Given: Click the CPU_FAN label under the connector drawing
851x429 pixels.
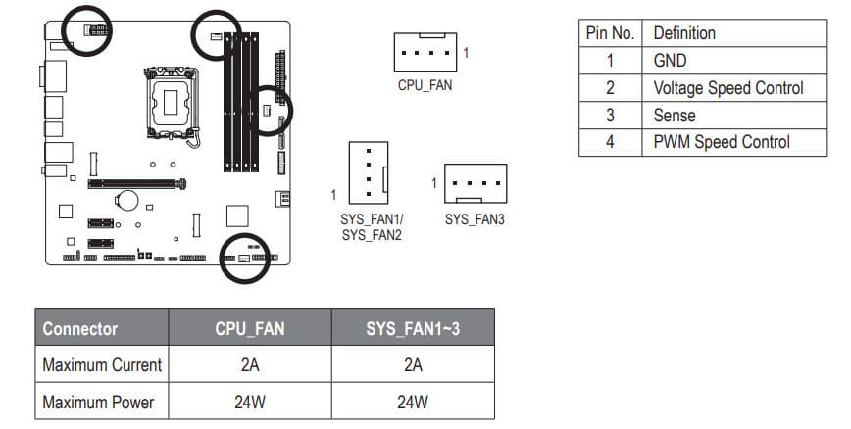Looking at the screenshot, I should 425,85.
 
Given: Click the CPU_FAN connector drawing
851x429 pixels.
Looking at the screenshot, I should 425,52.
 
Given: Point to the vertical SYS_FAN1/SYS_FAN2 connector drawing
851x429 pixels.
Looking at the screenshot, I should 369,172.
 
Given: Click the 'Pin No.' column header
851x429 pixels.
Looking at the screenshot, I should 610,33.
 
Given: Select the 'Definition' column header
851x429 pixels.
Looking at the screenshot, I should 684,33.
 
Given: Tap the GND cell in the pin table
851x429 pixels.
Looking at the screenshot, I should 670,61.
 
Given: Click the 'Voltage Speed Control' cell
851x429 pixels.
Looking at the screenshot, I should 727,88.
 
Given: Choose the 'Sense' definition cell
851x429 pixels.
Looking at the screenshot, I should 675,116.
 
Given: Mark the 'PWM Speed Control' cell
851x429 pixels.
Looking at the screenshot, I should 721,142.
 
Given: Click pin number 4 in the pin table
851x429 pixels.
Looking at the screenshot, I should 609,142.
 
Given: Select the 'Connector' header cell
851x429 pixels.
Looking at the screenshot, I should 80,329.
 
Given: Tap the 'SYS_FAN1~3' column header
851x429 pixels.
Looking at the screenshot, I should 413,329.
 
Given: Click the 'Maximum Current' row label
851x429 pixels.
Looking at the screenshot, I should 102,365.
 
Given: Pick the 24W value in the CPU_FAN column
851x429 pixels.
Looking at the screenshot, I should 249,402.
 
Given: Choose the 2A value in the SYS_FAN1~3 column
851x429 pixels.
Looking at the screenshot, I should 413,365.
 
